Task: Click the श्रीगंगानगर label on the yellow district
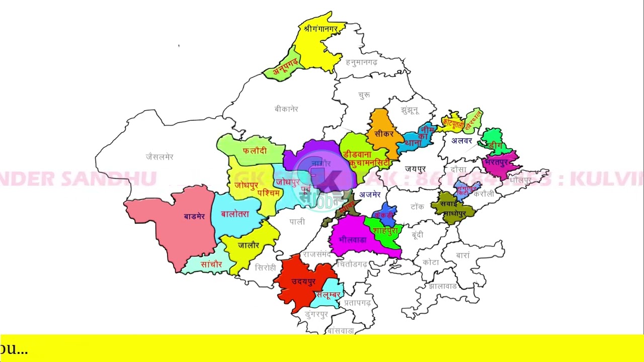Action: pyautogui.click(x=320, y=29)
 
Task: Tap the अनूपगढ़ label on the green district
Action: pyautogui.click(x=286, y=66)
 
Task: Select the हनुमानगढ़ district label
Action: pyautogui.click(x=361, y=62)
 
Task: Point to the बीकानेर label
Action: pyautogui.click(x=286, y=109)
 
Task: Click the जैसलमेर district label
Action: pyautogui.click(x=159, y=157)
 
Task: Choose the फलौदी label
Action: pyautogui.click(x=255, y=150)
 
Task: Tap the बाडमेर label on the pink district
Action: pyautogui.click(x=194, y=217)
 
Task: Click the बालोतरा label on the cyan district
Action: pyautogui.click(x=235, y=214)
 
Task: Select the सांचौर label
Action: pyautogui.click(x=211, y=264)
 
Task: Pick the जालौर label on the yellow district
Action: pyautogui.click(x=249, y=245)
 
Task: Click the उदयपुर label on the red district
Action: pyautogui.click(x=303, y=282)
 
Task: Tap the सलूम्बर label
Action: pyautogui.click(x=328, y=295)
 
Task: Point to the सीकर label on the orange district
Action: pyautogui.click(x=384, y=134)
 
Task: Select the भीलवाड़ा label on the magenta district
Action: pyautogui.click(x=352, y=239)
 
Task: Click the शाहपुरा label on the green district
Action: pyautogui.click(x=385, y=230)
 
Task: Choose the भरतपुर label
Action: pyautogui.click(x=499, y=162)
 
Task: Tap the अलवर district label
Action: pyautogui.click(x=461, y=141)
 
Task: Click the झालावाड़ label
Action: pyautogui.click(x=443, y=286)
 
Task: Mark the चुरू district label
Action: pyautogui.click(x=364, y=95)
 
